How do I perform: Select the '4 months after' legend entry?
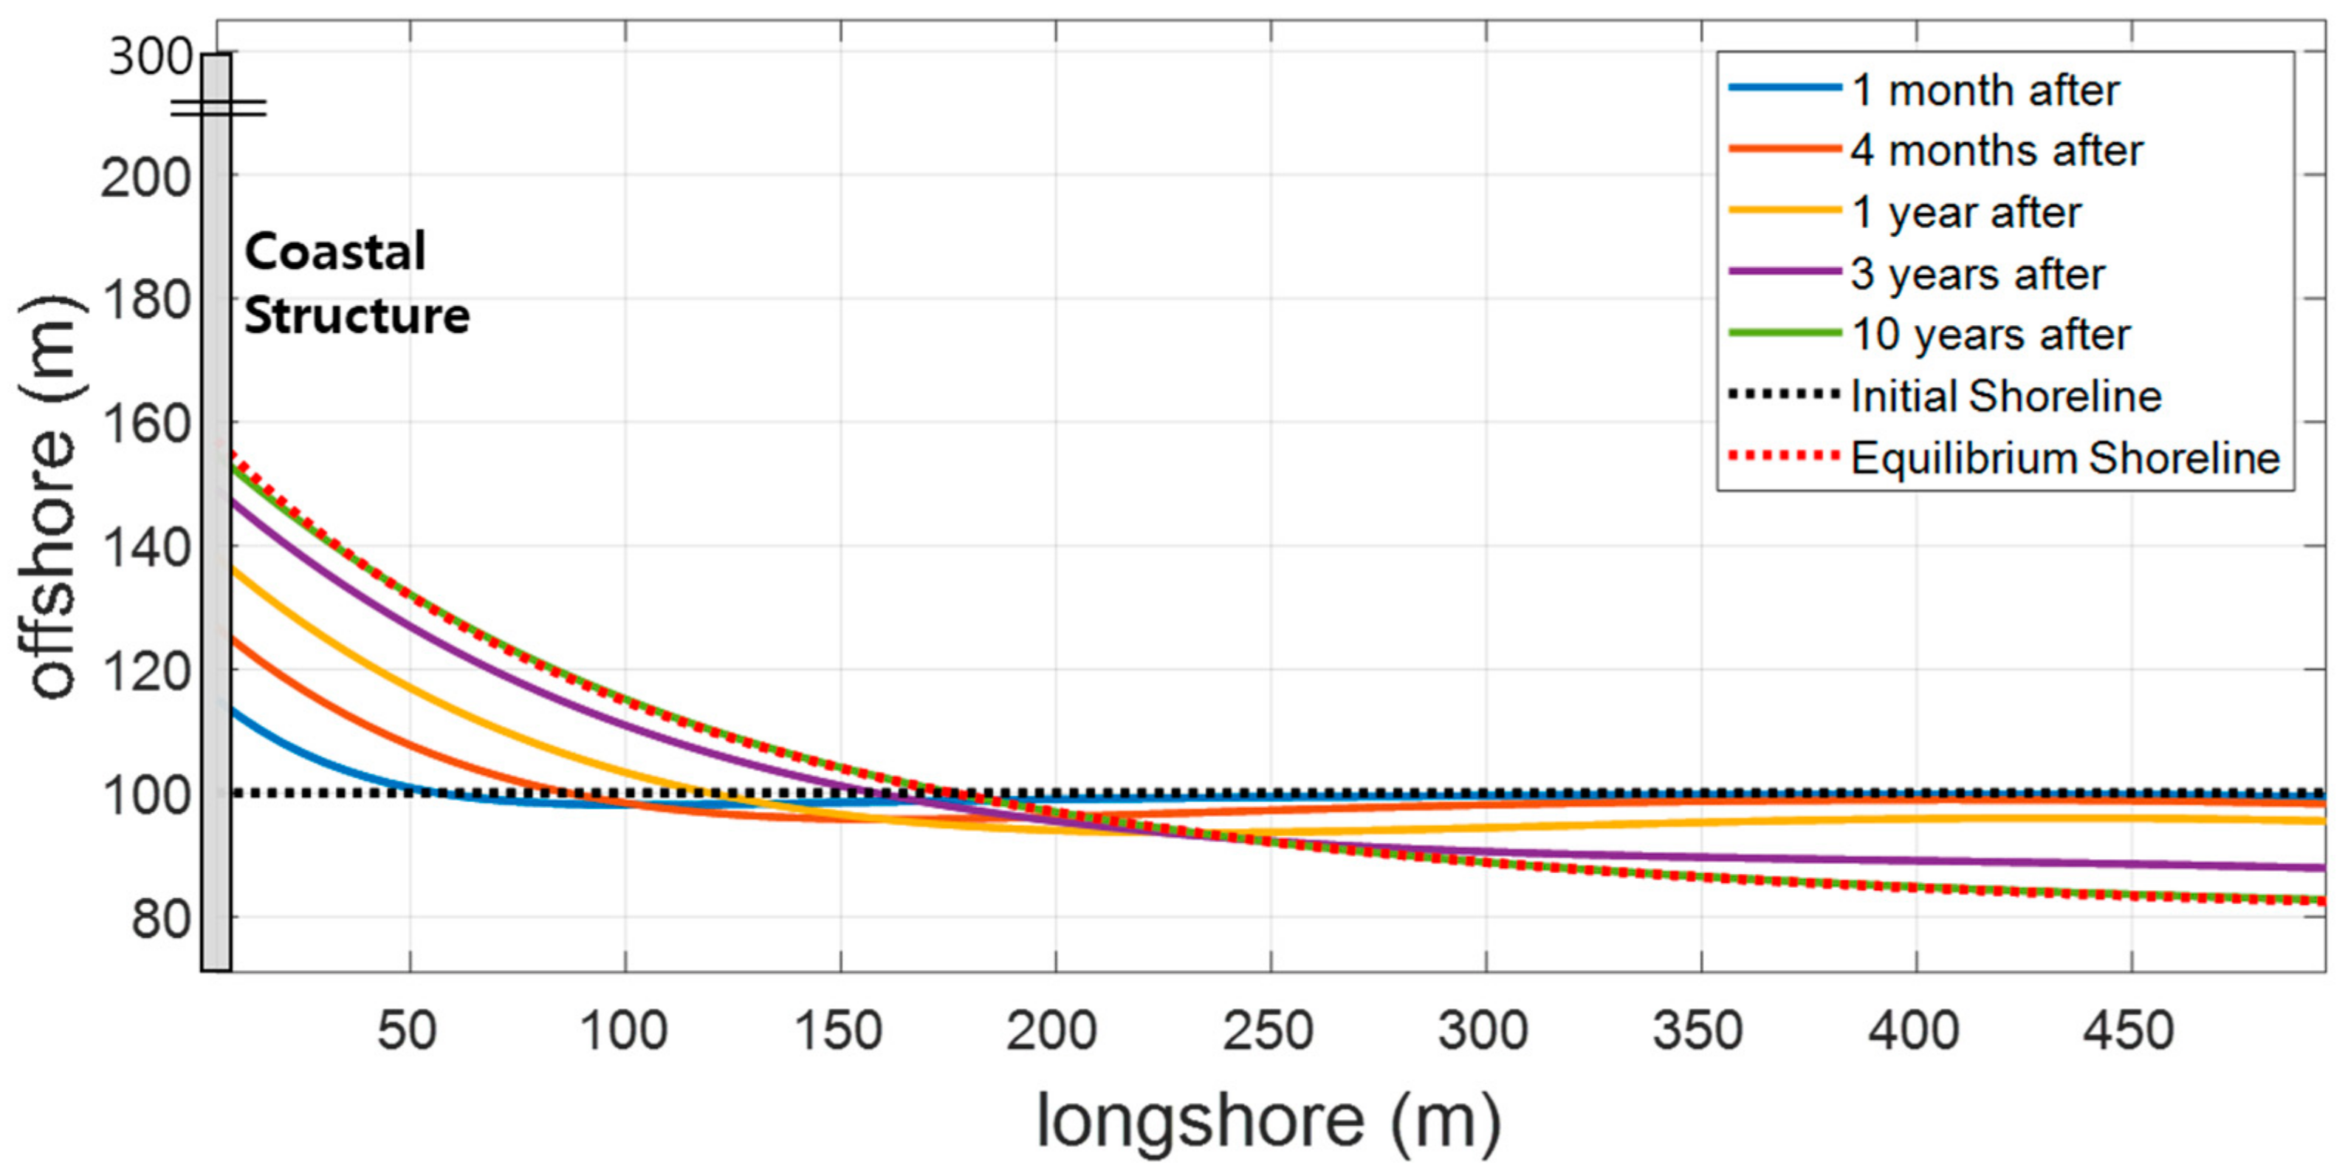pyautogui.click(x=1996, y=151)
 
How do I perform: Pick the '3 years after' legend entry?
pyautogui.click(x=1977, y=273)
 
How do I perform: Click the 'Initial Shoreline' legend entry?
pyautogui.click(x=2005, y=396)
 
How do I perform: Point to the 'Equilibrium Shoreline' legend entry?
pyautogui.click(x=2064, y=458)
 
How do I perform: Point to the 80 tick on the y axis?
pyautogui.click(x=160, y=919)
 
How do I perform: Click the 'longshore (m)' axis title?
pyautogui.click(x=1268, y=1119)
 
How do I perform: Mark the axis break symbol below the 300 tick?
pyautogui.click(x=219, y=109)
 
